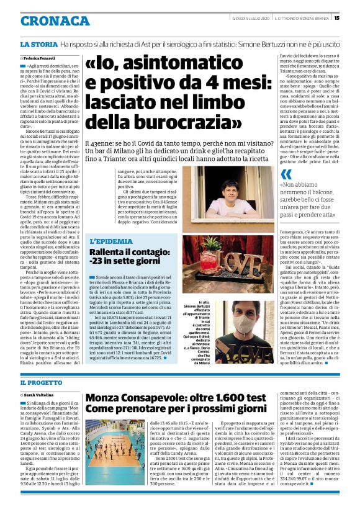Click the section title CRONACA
click(x=46, y=20)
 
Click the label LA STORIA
click(x=38, y=45)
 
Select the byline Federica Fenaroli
click(x=40, y=57)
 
